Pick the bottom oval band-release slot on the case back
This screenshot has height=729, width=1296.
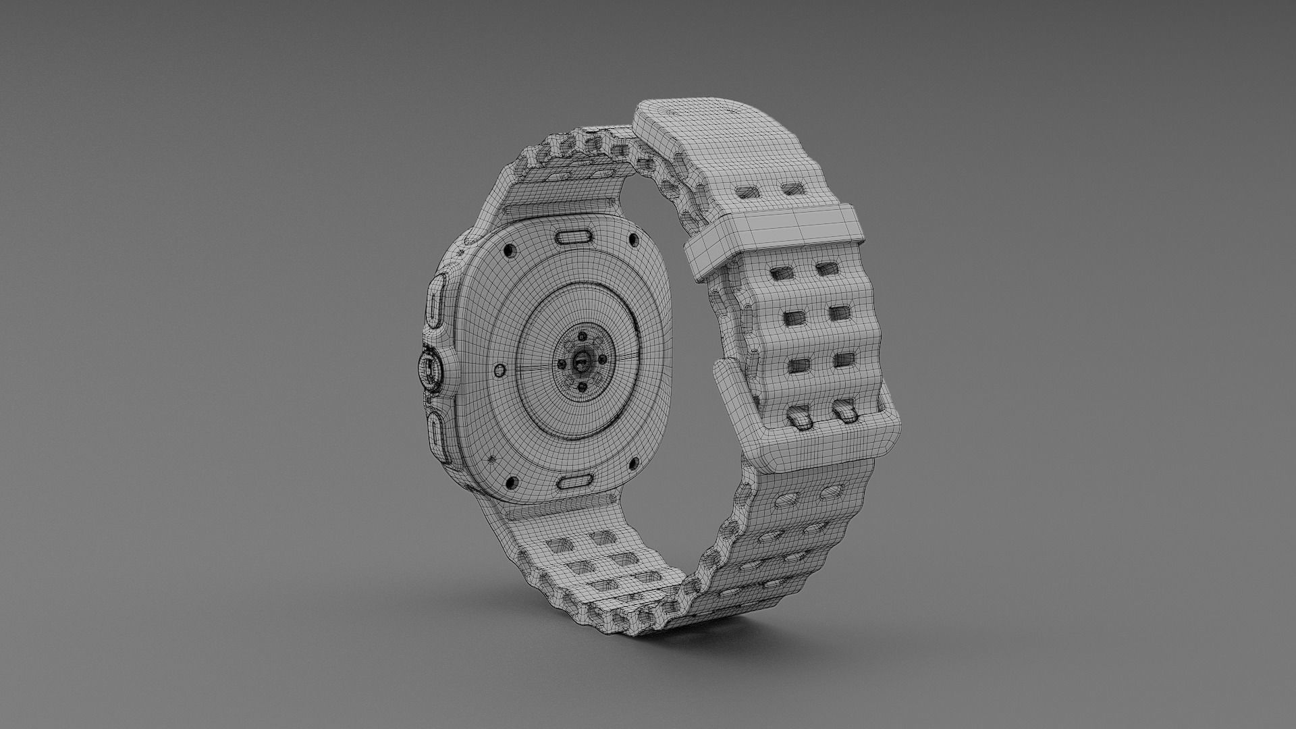coord(575,481)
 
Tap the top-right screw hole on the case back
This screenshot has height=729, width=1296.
coord(632,240)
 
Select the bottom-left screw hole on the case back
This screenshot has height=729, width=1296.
coord(511,482)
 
